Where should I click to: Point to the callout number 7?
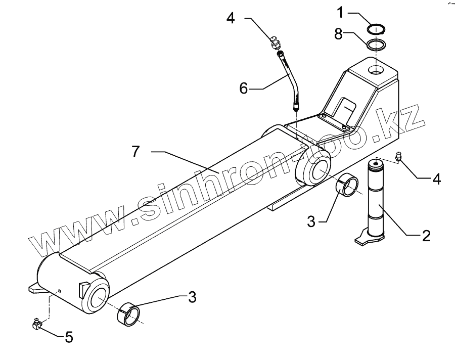click(x=135, y=151)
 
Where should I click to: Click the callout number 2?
click(x=426, y=235)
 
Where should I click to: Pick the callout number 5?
click(x=69, y=337)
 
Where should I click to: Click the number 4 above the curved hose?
click(x=230, y=18)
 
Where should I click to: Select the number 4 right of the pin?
click(x=436, y=178)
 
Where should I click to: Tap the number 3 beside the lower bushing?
click(x=192, y=297)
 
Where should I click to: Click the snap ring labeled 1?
click(x=377, y=28)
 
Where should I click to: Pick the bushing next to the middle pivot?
click(x=348, y=185)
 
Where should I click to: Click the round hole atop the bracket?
click(x=376, y=69)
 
